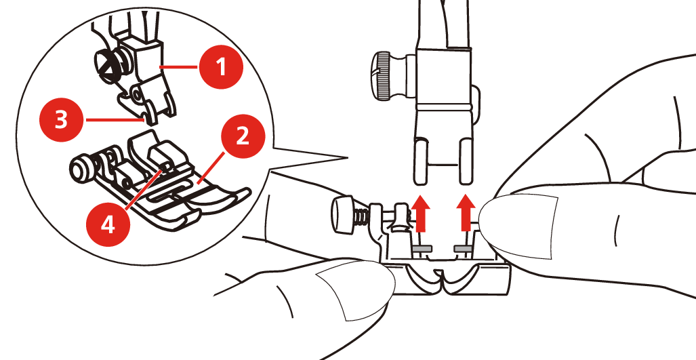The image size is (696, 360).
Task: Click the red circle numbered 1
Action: [x=221, y=68]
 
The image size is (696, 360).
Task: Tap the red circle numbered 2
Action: [x=242, y=137]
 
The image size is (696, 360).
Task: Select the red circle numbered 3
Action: [x=62, y=120]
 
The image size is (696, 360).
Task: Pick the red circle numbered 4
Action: [x=108, y=225]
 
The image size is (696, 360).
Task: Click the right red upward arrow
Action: [x=466, y=213]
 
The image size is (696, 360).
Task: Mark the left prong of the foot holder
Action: [x=420, y=161]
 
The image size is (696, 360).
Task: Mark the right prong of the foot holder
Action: [x=466, y=161]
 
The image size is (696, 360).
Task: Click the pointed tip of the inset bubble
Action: [x=346, y=157]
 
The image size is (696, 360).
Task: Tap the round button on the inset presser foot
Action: [x=77, y=167]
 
